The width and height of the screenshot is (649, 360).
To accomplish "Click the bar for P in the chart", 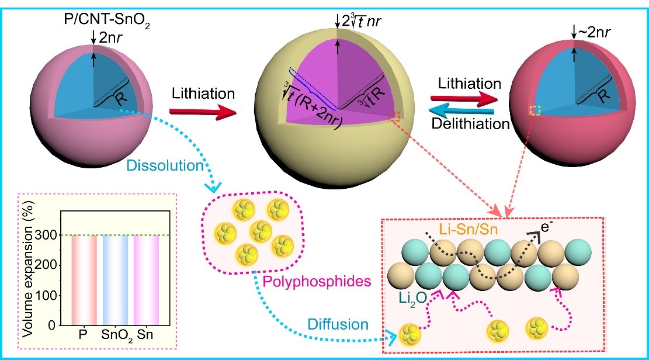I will click(x=83, y=279).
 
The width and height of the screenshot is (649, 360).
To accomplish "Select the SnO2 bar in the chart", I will click(x=114, y=279).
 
